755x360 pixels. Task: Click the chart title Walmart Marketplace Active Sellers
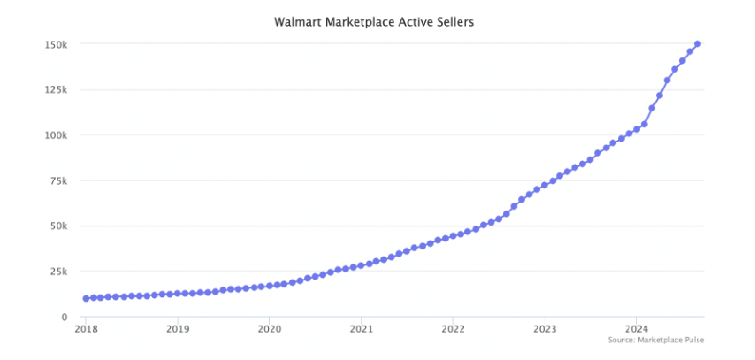point(374,21)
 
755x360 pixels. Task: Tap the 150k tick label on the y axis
point(57,44)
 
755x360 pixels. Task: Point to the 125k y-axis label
point(57,89)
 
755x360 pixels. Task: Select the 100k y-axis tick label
point(57,135)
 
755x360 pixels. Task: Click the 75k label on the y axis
point(60,180)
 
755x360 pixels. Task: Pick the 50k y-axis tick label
point(60,226)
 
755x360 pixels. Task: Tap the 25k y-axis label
point(60,272)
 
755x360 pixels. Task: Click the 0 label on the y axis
point(65,317)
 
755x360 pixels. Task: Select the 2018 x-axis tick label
point(86,329)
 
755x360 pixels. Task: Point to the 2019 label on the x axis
point(178,329)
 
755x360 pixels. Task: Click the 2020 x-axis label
point(269,329)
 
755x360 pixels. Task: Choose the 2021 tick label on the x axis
point(361,329)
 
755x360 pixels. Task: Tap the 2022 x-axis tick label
point(453,329)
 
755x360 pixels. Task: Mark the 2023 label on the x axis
point(545,329)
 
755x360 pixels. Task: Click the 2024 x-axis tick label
point(636,329)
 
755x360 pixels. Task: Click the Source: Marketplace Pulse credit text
point(656,340)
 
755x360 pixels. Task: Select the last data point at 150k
point(698,43)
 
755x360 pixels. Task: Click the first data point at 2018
point(86,298)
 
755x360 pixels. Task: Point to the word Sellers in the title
point(452,21)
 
